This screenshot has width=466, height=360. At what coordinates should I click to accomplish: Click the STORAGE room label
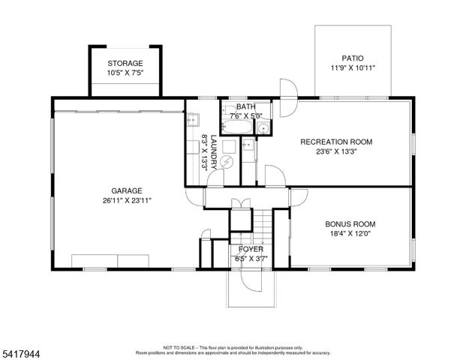pyautogui.click(x=125, y=63)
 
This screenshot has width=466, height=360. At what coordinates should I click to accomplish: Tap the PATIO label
pyautogui.click(x=353, y=57)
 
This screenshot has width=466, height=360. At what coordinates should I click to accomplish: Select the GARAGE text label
pyautogui.click(x=122, y=190)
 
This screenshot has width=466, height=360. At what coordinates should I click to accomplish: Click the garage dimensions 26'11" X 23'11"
pyautogui.click(x=122, y=200)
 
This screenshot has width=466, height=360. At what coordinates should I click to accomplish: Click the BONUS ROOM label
pyautogui.click(x=350, y=224)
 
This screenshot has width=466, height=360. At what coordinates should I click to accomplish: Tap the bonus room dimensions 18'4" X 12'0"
pyautogui.click(x=350, y=234)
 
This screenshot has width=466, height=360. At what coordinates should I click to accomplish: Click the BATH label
pyautogui.click(x=245, y=107)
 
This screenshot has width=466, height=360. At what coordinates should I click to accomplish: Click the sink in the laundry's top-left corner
pyautogui.click(x=192, y=119)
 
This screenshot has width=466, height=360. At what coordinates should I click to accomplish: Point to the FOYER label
pyautogui.click(x=250, y=249)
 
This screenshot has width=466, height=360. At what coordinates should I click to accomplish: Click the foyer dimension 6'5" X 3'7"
pyautogui.click(x=250, y=259)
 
